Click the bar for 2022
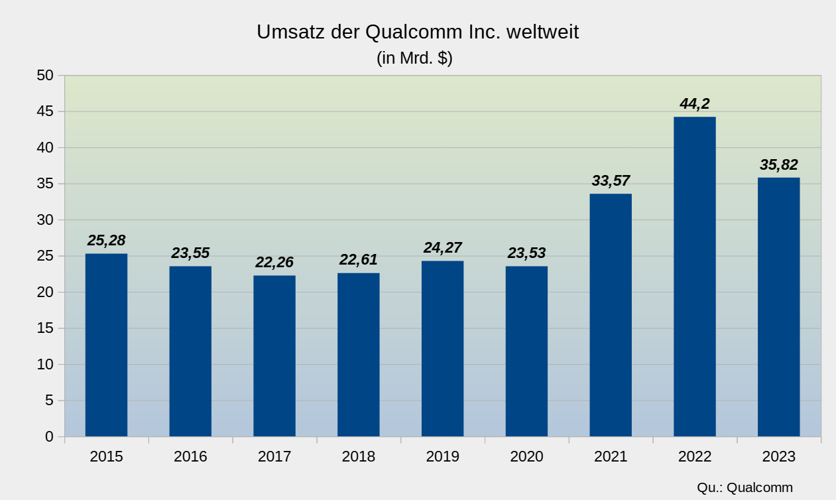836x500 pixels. (x=694, y=277)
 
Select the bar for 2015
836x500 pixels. (x=106, y=345)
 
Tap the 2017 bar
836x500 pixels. (x=274, y=356)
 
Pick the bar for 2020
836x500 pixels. (x=526, y=351)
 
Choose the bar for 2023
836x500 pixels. (x=778, y=307)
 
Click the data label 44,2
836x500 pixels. (x=694, y=103)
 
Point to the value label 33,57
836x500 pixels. (x=611, y=180)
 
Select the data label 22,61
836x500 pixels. (x=359, y=259)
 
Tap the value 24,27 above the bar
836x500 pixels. (x=442, y=247)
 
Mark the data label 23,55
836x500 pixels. (x=190, y=253)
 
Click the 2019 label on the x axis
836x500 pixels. (x=442, y=457)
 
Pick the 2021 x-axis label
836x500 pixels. (x=611, y=457)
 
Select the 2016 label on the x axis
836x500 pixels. (x=190, y=457)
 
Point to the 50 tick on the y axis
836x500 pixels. (x=45, y=76)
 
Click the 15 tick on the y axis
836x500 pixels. (x=45, y=328)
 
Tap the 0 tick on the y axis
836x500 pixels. (x=49, y=436)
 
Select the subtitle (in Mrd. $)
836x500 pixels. (x=414, y=58)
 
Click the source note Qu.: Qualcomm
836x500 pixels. (x=745, y=487)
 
